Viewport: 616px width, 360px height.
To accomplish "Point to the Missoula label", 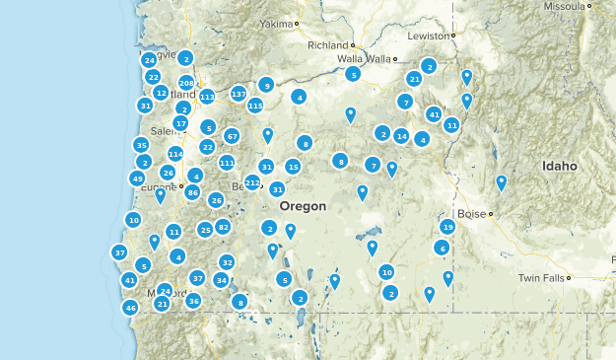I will pos(564,6).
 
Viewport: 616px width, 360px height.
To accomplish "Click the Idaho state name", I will pos(559,167).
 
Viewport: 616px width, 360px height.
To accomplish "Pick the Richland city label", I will pos(328,45).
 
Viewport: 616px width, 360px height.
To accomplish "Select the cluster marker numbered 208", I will pos(186,83).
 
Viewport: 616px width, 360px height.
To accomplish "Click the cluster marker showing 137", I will pos(239,94).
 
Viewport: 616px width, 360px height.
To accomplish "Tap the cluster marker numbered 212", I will pos(252,182).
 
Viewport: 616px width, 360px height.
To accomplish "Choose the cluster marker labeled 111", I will pos(227,163).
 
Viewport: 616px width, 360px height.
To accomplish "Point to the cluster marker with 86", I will pos(193,192).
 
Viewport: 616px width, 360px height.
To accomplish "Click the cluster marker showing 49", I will pos(137,179).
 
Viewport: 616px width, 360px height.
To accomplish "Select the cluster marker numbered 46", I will pos(130,308).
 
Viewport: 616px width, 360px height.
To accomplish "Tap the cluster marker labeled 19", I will pos(447,227).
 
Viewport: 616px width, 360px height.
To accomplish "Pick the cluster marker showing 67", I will pos(232,136).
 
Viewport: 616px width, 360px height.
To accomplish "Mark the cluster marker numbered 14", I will pos(401,136).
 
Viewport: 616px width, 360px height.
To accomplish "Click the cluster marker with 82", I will pos(224,227).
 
